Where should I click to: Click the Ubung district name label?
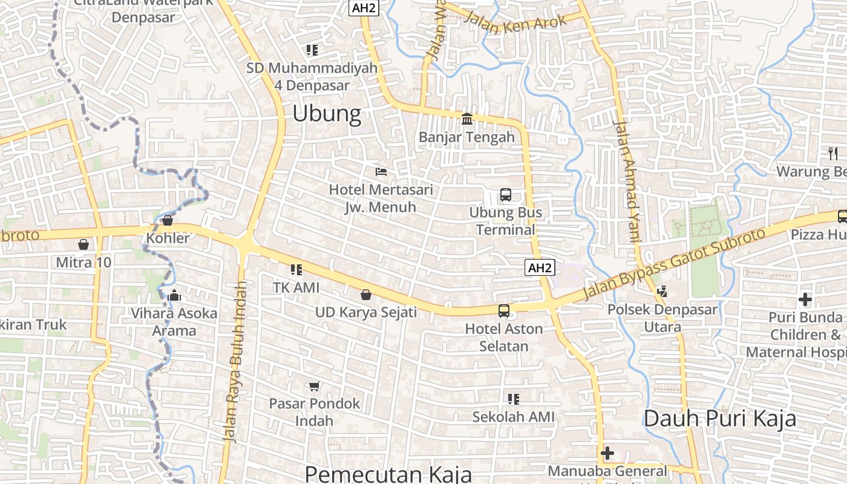327,113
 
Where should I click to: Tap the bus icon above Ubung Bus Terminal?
505,195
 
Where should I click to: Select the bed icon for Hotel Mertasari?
381,172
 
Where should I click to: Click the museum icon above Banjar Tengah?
467,119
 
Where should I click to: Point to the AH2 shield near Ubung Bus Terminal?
540,267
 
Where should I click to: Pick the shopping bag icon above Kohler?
168,220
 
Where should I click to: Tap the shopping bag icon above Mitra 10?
83,244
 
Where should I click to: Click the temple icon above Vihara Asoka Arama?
175,295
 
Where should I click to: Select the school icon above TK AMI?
296,270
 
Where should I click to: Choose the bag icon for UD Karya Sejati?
365,295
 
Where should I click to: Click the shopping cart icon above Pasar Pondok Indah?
314,386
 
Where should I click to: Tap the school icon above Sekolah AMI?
513,399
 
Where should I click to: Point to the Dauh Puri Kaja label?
719,418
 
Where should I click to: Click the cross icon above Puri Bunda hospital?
805,299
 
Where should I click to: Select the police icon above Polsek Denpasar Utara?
662,291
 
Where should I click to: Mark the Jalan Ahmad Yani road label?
627,181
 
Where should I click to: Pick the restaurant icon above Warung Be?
833,153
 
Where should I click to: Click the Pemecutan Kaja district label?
388,474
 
